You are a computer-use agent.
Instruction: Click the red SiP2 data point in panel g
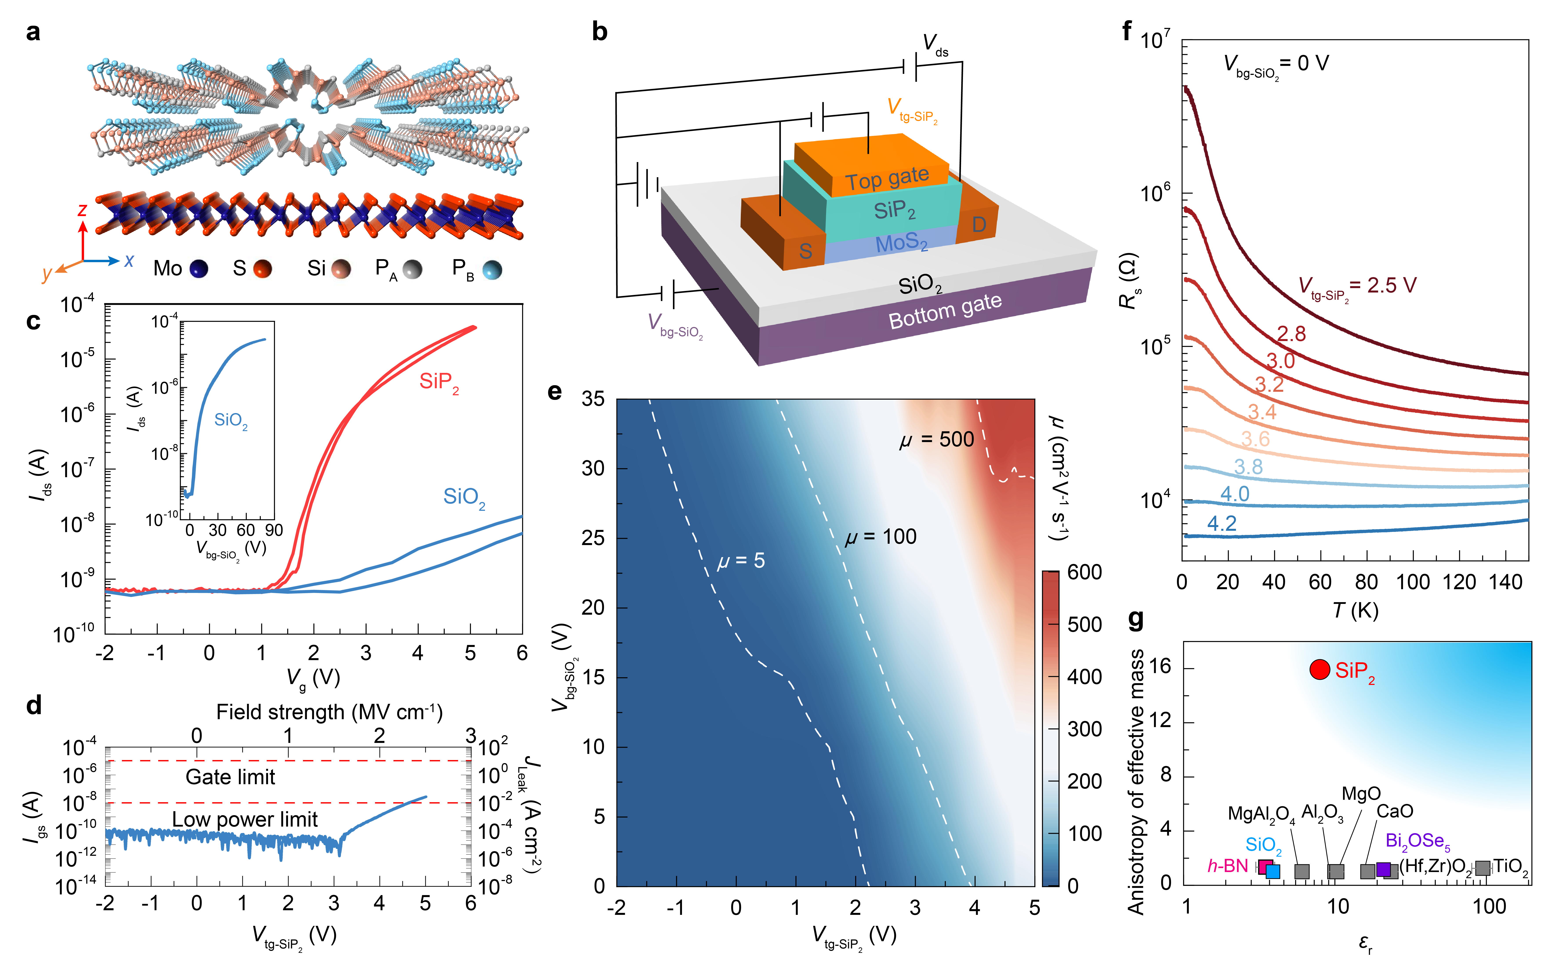pos(1319,669)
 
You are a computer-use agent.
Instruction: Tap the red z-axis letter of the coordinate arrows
pos(82,210)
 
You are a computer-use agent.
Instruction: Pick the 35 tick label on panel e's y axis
pos(593,399)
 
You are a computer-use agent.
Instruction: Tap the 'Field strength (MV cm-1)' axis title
pos(329,712)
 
